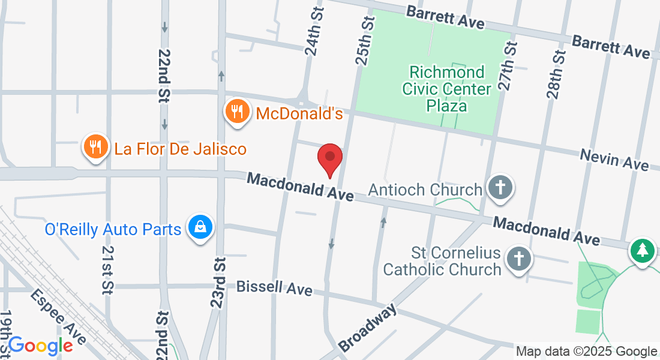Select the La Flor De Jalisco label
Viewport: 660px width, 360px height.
pos(181,148)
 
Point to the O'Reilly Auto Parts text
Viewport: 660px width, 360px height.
pos(113,229)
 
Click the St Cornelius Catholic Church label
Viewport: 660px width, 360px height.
pos(442,260)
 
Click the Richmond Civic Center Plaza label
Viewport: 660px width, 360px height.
pos(447,89)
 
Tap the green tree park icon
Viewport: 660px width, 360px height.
pos(643,250)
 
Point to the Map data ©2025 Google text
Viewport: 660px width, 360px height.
pos(587,352)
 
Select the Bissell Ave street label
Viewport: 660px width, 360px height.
pos(274,288)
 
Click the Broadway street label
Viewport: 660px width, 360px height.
pos(367,328)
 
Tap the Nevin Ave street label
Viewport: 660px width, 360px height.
pos(614,160)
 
